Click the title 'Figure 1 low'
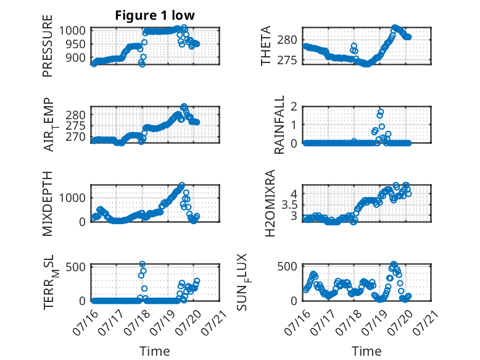tap(155, 15)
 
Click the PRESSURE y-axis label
tap(48, 46)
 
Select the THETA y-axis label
tap(266, 46)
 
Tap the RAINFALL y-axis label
tap(279, 125)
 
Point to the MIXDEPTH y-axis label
tap(48, 204)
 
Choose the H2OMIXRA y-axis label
tap(270, 203)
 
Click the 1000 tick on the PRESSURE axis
tap(72, 31)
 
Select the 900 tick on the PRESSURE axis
tap(76, 57)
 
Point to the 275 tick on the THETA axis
tap(287, 61)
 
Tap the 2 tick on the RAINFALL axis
tap(294, 107)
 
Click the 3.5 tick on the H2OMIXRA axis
tap(289, 204)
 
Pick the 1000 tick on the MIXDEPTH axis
tap(72, 198)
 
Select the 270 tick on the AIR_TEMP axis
tap(76, 136)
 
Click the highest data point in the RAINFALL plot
tap(381, 112)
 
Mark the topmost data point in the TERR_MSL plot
tap(143, 264)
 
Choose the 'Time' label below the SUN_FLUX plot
tap(366, 351)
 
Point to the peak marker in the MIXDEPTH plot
tap(182, 185)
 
